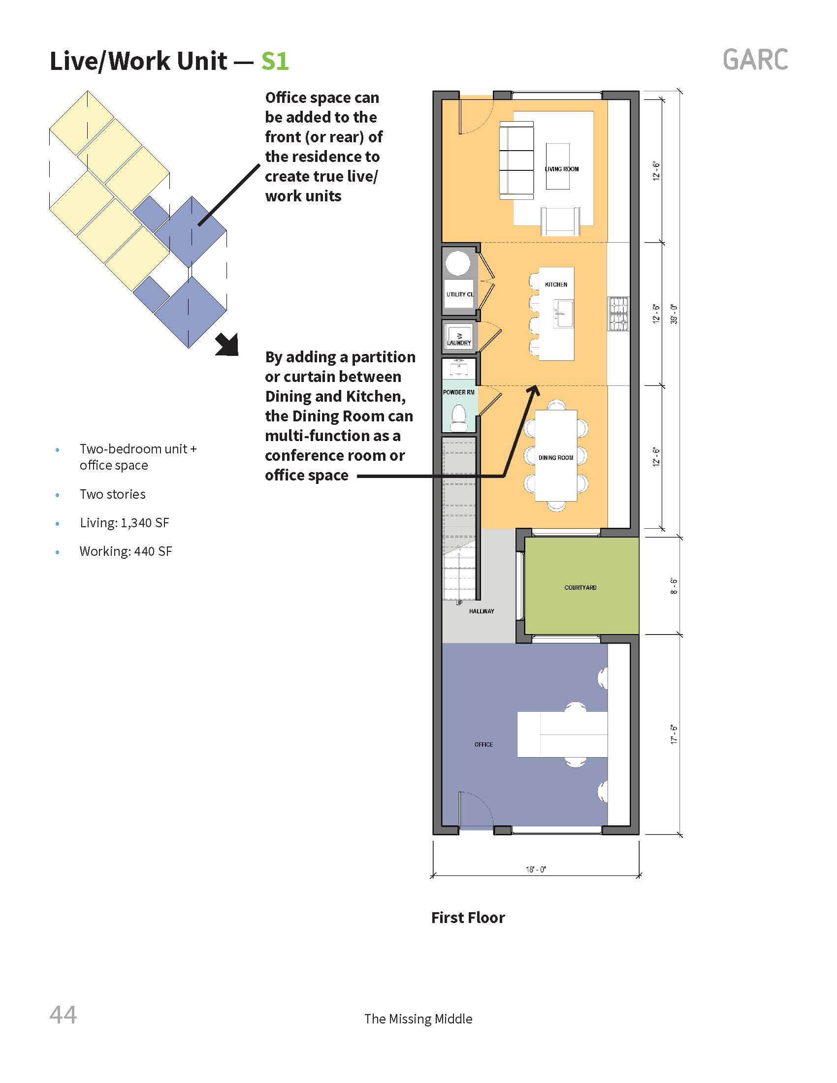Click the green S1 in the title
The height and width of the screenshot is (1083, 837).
click(x=275, y=61)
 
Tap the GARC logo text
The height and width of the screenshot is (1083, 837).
click(x=755, y=60)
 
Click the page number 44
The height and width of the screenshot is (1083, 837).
click(x=63, y=1015)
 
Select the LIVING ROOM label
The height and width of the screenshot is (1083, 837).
click(x=562, y=169)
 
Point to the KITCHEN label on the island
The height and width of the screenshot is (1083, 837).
click(x=556, y=285)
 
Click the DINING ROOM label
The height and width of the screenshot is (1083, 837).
click(x=556, y=458)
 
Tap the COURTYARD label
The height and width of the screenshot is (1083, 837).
click(x=580, y=588)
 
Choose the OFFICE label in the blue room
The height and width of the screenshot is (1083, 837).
click(x=483, y=744)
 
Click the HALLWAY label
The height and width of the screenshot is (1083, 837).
click(x=482, y=611)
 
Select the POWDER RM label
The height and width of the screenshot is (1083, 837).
click(x=459, y=392)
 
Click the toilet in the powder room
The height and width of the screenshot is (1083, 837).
click(x=458, y=417)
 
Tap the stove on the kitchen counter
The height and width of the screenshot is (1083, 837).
click(x=618, y=314)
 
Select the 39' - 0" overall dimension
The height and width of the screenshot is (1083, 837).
click(x=674, y=314)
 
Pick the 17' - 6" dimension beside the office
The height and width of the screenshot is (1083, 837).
click(x=674, y=734)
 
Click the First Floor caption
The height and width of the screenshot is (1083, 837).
click(x=468, y=918)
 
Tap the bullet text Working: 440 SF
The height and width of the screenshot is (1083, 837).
click(x=126, y=551)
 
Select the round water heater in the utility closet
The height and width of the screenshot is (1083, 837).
click(x=457, y=263)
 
